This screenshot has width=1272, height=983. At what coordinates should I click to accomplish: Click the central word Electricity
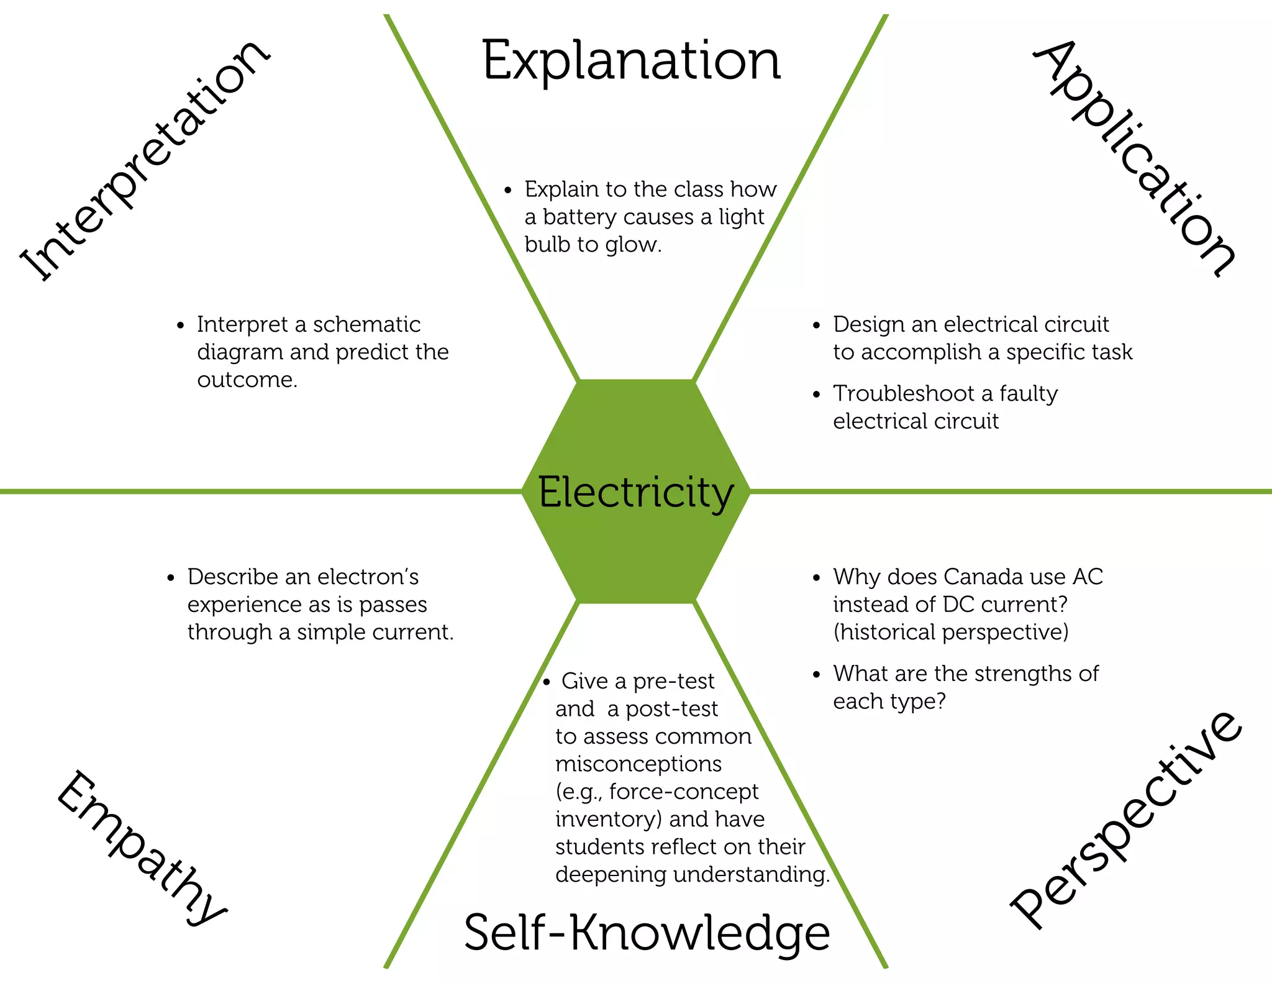point(635,493)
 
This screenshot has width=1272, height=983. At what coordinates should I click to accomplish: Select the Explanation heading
point(630,62)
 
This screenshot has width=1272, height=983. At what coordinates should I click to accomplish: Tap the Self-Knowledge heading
point(647,933)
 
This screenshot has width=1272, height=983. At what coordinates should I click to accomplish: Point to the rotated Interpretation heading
point(145,160)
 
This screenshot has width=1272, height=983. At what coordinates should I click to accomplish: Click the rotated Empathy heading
point(142,849)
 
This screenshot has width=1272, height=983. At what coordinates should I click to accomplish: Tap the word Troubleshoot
point(904,394)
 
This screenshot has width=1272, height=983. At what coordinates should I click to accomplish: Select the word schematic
point(366,324)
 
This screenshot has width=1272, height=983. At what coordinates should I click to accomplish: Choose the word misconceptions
point(638,764)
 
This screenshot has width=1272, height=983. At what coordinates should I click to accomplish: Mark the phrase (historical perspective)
point(951,633)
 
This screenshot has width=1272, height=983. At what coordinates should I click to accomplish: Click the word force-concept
point(683,792)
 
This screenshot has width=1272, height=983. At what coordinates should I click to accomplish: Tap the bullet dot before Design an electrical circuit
point(816,325)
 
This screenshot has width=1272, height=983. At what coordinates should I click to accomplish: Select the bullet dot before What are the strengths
point(816,674)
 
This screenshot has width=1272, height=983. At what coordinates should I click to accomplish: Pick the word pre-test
point(673,682)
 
